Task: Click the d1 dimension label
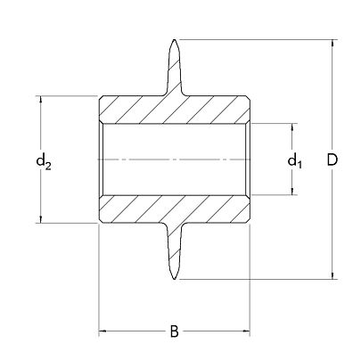point(294,161)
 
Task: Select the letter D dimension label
point(332,160)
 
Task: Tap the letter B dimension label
point(175,332)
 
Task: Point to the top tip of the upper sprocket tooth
point(176,41)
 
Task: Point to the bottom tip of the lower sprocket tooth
point(176,279)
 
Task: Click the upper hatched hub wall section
point(175,108)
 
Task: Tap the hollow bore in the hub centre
point(175,159)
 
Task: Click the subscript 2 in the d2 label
point(48,165)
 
